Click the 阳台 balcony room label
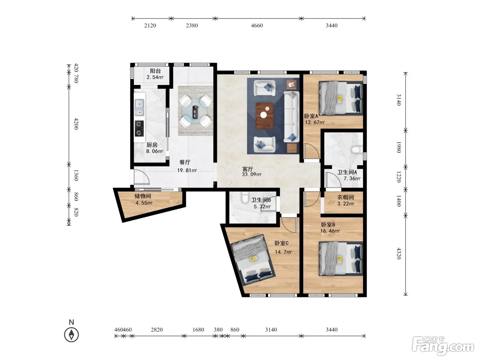point(155,71)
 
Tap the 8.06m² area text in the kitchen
point(155,151)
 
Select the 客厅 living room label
point(248,169)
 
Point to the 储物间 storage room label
point(143,196)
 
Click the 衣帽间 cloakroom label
point(346,197)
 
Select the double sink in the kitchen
point(139,108)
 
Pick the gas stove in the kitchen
point(139,128)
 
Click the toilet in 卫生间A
point(357,150)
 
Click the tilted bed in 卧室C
point(253,260)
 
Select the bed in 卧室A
point(341,98)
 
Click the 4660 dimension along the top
point(257,26)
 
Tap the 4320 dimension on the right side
point(399,253)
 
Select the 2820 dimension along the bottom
point(157,329)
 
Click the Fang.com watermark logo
point(443,346)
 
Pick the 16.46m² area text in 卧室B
point(330,231)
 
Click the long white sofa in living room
point(291,117)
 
